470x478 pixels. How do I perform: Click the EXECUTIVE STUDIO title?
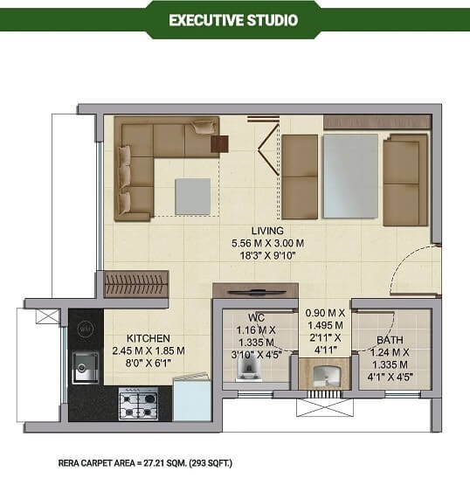tap(233, 20)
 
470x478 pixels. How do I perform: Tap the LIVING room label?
tap(267, 231)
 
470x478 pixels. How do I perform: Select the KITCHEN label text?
tap(149, 338)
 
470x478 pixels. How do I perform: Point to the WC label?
tap(256, 318)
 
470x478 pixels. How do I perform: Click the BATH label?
tap(390, 340)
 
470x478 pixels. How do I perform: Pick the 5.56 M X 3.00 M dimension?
tap(267, 243)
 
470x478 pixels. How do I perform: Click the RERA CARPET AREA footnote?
tap(145, 463)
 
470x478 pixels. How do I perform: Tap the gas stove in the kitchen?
tap(138, 404)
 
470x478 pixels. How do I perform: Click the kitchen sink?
tap(86, 368)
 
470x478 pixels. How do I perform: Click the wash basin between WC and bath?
tap(325, 375)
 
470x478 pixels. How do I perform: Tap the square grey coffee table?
tap(193, 197)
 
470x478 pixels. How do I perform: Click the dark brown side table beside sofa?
tap(219, 144)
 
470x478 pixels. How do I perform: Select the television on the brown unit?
tap(257, 293)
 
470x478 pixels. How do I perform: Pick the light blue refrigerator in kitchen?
tap(192, 398)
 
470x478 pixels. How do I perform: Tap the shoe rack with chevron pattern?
tap(136, 284)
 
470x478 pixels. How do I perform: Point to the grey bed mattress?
tap(350, 176)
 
